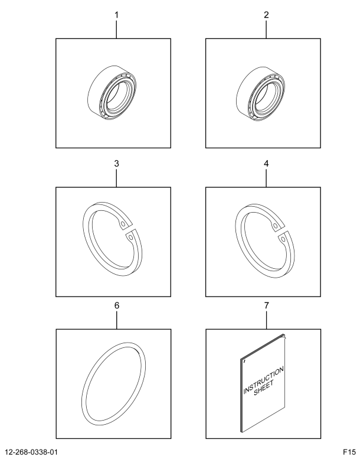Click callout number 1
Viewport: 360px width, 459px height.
(x=116, y=15)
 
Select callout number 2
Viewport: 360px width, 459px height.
(x=266, y=15)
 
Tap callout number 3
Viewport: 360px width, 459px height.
(x=116, y=164)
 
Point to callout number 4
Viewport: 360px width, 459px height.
(x=266, y=164)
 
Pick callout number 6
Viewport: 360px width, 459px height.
(x=117, y=305)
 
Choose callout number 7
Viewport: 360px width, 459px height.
(x=266, y=305)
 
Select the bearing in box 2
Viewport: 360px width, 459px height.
(x=260, y=93)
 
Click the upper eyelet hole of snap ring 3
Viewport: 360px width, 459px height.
(x=123, y=224)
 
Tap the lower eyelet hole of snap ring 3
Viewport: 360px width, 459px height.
(x=130, y=237)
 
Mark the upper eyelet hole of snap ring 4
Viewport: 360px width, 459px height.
(x=275, y=226)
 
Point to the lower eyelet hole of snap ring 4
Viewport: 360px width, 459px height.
(x=283, y=239)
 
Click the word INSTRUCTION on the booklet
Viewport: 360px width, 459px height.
(x=263, y=380)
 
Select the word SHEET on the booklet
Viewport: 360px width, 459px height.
(x=264, y=388)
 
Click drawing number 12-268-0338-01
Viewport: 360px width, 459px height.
(x=32, y=452)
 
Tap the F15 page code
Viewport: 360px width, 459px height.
(x=349, y=452)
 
